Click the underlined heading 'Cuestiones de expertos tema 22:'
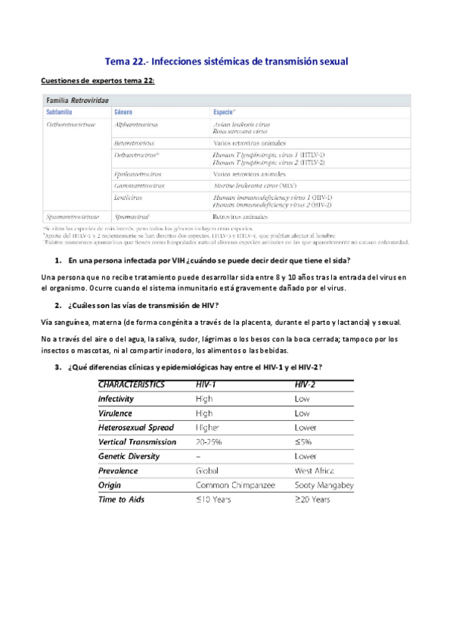tap(98, 81)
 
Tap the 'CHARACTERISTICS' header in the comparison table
tap(132, 384)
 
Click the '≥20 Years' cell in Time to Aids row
tap(312, 500)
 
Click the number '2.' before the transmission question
tap(57, 305)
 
